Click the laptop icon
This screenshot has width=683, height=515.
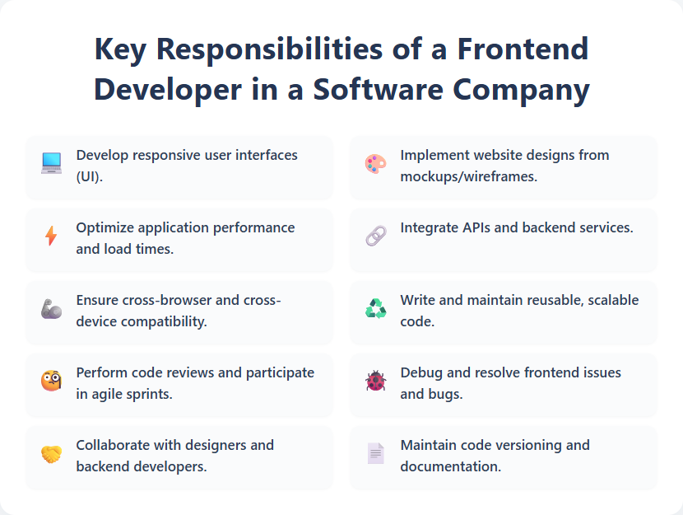tap(51, 164)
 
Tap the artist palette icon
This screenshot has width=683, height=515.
tap(375, 164)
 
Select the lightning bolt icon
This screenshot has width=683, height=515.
tap(51, 236)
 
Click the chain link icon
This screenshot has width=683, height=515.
tap(375, 236)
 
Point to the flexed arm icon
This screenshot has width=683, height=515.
tap(51, 309)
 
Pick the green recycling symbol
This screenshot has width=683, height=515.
tap(375, 309)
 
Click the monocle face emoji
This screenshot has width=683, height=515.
tap(51, 382)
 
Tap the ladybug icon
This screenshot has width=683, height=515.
tap(375, 382)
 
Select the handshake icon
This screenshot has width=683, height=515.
tap(51, 454)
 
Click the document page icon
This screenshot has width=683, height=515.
tap(375, 454)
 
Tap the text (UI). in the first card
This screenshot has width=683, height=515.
tap(90, 176)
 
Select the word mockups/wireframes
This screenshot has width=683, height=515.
tap(468, 176)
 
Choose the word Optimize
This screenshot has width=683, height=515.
tap(105, 227)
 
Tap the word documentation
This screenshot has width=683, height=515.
tap(451, 466)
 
